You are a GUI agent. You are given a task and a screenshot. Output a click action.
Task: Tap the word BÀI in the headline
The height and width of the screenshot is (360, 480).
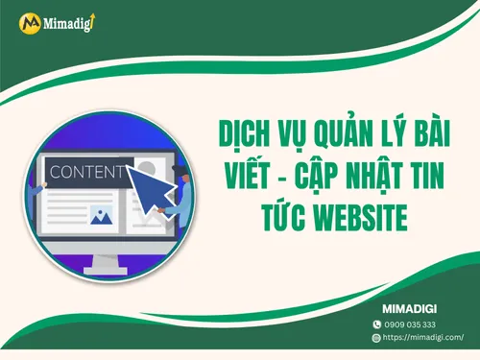point(434,130)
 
